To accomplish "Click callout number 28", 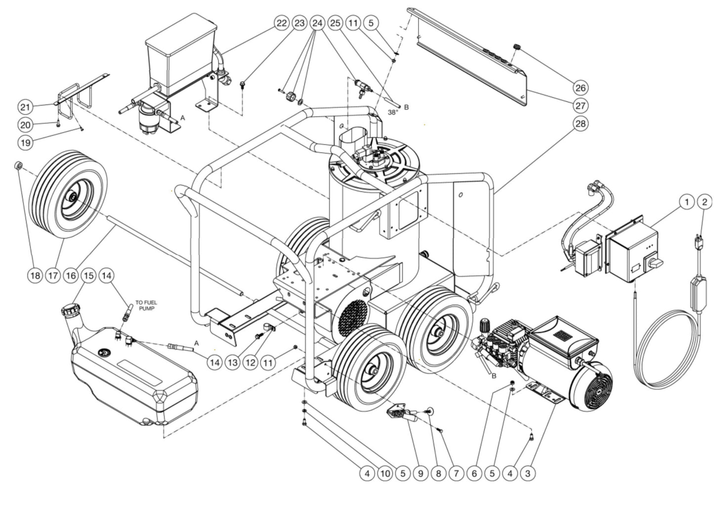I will pyautogui.click(x=580, y=123).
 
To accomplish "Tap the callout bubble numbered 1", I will pyautogui.click(x=686, y=201).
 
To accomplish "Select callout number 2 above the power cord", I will pyautogui.click(x=705, y=201).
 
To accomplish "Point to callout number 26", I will pyautogui.click(x=580, y=88).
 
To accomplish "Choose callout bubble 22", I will pyautogui.click(x=281, y=23).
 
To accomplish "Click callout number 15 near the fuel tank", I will pyautogui.click(x=88, y=275).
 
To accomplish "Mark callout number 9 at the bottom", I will pyautogui.click(x=420, y=473).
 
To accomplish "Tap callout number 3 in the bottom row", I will pyautogui.click(x=528, y=473).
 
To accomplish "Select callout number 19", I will pyautogui.click(x=25, y=143).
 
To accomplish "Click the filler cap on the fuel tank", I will pyautogui.click(x=67, y=312).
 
